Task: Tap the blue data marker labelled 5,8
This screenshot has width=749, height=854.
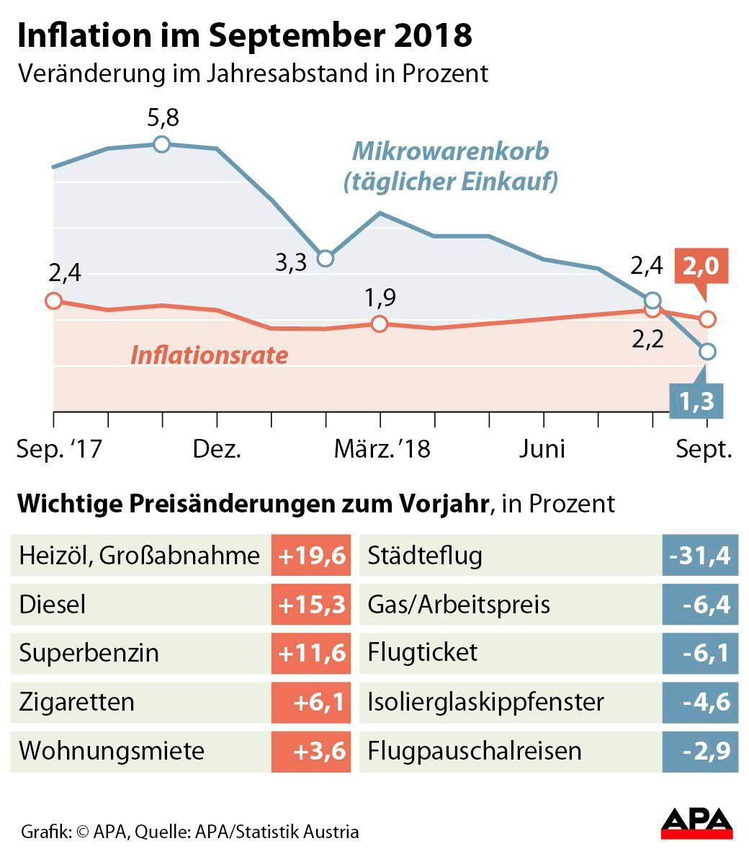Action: pos(162,144)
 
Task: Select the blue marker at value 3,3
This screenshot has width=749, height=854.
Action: pos(326,258)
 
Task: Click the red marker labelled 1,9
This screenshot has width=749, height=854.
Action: pos(380,324)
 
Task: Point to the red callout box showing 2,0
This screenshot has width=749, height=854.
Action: pos(701,267)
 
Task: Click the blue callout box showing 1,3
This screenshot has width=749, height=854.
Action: pos(696,401)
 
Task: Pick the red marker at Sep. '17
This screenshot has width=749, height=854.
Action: pos(53,301)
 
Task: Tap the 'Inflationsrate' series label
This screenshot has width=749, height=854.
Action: pos(209,355)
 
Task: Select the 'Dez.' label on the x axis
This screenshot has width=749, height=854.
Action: pos(217,449)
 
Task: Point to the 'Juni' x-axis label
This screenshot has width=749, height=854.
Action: pos(543,449)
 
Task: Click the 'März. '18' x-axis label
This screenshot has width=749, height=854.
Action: pos(382,449)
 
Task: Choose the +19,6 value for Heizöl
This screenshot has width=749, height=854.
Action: pos(312,556)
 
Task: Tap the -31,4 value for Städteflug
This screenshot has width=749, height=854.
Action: pos(699,556)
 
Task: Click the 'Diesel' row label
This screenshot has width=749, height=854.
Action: pos(53,605)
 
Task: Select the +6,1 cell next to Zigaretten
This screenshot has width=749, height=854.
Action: pos(312,702)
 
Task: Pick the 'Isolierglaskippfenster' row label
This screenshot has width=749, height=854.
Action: pos(485,702)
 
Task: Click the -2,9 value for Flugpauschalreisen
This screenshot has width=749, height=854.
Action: pos(699,751)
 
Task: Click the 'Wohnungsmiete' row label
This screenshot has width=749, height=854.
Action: pos(112,751)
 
